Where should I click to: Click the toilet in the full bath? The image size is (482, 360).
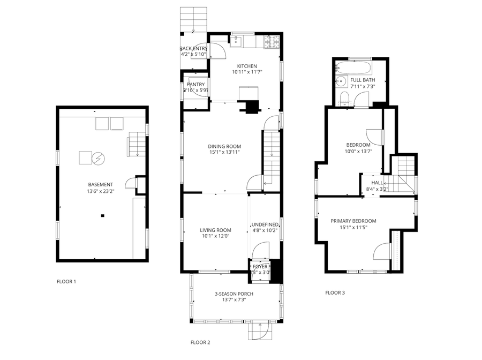(345, 97)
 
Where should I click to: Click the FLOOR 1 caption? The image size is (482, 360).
(66, 281)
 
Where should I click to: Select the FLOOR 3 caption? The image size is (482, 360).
(335, 292)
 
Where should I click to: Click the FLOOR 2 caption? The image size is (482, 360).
(200, 342)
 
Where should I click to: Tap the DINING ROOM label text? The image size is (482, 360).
(224, 146)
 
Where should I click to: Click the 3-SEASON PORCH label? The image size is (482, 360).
(234, 294)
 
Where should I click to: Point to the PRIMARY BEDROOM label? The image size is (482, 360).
(353, 221)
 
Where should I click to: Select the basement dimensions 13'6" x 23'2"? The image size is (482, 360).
(100, 191)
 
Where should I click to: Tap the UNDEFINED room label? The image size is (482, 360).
(265, 224)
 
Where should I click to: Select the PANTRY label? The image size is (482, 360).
(195, 85)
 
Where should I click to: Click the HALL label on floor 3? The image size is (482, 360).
(377, 183)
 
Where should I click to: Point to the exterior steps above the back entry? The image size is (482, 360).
(193, 19)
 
